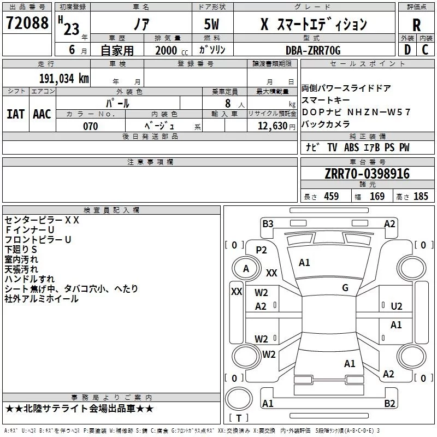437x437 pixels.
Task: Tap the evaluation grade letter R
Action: (416, 25)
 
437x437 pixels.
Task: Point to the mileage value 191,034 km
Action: (64, 78)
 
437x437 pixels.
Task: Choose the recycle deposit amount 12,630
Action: (271, 126)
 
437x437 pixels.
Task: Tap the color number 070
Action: (90, 126)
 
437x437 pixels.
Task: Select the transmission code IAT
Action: (15, 114)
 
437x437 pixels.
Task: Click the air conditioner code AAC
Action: (42, 114)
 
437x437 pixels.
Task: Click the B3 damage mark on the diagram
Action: (268, 223)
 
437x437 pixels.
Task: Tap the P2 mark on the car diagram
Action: (262, 250)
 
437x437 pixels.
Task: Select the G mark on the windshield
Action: (345, 288)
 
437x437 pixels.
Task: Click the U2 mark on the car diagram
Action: (397, 306)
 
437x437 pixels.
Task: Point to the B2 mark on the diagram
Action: (389, 404)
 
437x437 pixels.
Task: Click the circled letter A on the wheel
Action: (246, 268)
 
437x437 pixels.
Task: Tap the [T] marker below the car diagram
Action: (239, 418)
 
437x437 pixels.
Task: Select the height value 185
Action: (421, 197)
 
